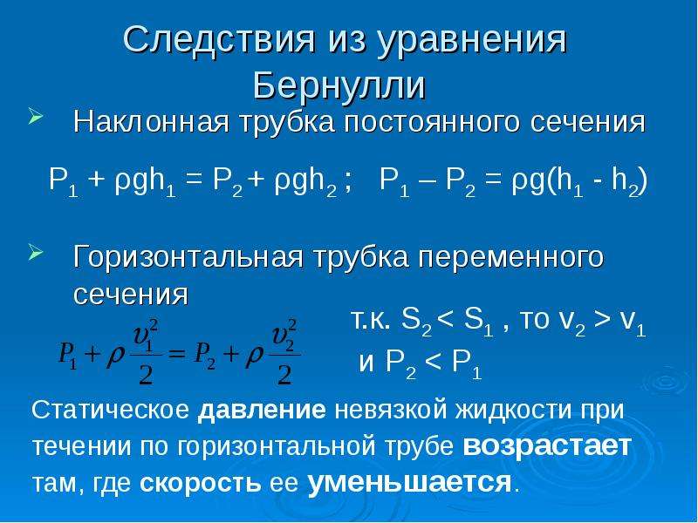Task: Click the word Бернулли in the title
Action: point(339,85)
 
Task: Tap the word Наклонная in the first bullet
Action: point(151,122)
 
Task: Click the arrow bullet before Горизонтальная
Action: point(36,252)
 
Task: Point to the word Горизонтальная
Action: point(188,257)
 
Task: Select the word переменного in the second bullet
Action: point(510,258)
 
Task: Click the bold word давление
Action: point(262,410)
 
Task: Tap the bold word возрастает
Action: point(547,446)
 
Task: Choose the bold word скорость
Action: point(201,483)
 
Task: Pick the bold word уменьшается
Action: point(409,482)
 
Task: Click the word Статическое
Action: point(111,410)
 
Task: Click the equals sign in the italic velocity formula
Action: point(177,355)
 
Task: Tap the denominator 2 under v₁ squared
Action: point(146,375)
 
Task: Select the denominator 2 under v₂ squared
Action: point(284,375)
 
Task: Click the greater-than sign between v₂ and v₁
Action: point(602,319)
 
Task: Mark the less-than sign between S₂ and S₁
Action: point(446,319)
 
